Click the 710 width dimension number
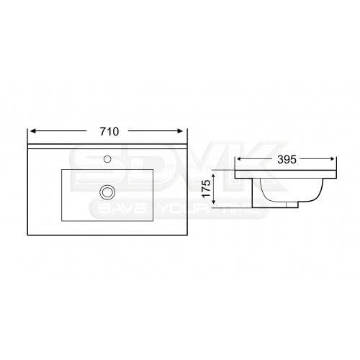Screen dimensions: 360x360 coord(109,132)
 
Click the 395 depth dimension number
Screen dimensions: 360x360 coord(287,160)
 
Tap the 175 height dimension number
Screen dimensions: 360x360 coord(207,189)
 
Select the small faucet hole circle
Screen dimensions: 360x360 coord(107,158)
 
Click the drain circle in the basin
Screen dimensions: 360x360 coord(107,192)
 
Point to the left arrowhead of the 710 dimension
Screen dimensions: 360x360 coord(33,131)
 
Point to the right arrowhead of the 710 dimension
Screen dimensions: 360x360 coord(180,131)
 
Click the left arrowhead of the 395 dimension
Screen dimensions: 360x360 coord(239,159)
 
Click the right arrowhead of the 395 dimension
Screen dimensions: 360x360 coord(332,159)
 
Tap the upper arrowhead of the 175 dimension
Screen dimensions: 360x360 coord(213,176)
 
